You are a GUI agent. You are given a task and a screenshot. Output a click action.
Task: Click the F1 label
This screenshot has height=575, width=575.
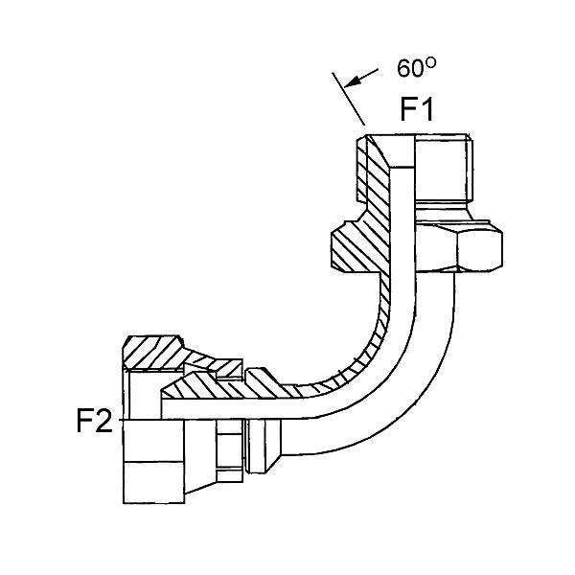coord(417,109)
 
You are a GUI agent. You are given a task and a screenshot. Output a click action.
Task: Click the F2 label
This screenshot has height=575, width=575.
coord(94,422)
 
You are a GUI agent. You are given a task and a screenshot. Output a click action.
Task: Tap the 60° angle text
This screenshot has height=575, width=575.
coord(417,67)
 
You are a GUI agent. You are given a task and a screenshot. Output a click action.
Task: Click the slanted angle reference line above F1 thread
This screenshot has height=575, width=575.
coord(349,99)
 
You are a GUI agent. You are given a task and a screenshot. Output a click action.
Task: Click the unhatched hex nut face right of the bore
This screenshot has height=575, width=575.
coord(459,248)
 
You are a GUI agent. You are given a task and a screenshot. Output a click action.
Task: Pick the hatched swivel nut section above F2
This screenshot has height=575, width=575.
coord(152,352)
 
